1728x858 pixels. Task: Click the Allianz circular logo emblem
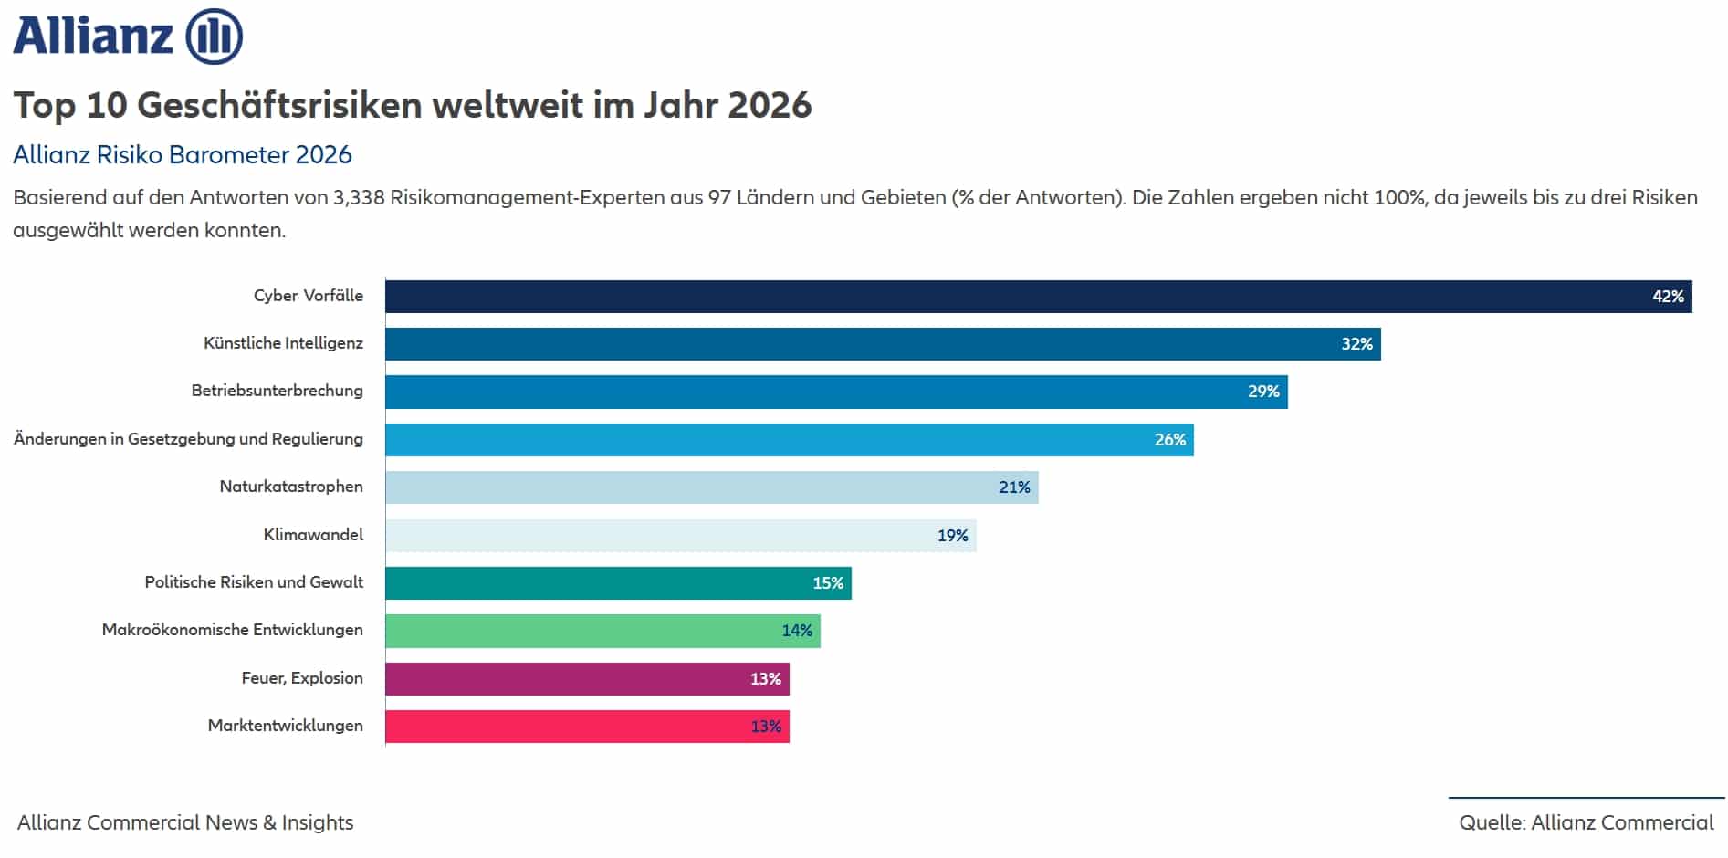215,37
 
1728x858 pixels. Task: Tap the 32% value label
1356,344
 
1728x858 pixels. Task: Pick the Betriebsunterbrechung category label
277,391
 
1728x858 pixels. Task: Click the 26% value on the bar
1169,440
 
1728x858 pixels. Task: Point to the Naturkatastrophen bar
711,487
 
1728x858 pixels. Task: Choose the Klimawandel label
313,535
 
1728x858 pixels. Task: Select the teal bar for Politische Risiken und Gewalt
618,583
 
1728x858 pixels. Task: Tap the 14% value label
796,631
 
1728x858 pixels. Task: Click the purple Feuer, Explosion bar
587,679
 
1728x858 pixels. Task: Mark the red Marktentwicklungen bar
587,727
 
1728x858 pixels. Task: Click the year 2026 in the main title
769,105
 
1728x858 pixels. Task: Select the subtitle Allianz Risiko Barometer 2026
183,155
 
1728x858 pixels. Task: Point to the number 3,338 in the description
359,198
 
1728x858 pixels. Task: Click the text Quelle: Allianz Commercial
1586,822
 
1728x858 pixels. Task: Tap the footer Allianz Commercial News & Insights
185,822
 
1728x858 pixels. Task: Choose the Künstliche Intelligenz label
283,343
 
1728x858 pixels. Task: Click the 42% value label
1667,297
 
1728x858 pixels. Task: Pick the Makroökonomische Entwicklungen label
232,630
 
